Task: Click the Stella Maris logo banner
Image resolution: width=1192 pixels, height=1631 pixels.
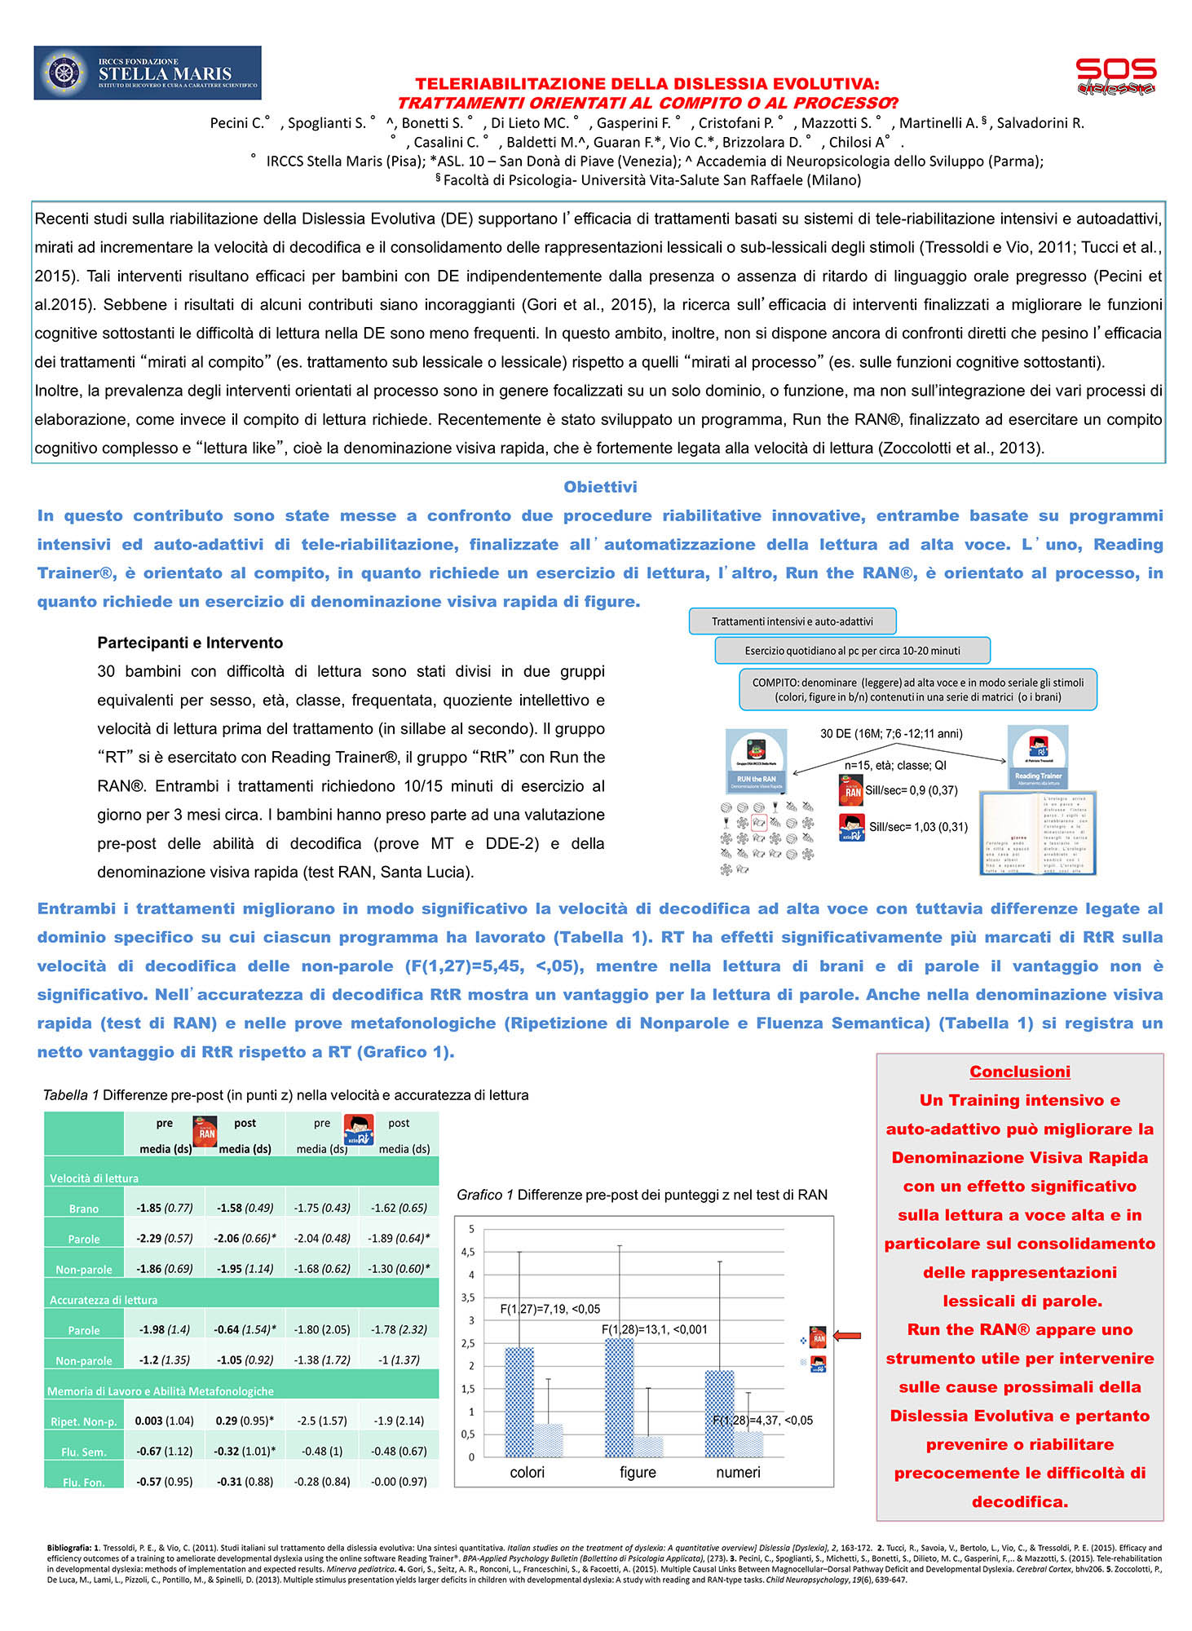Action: (147, 73)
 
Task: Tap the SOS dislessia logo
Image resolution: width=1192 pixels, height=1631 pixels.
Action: (1115, 76)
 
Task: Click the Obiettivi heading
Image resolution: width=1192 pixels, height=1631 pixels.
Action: (600, 487)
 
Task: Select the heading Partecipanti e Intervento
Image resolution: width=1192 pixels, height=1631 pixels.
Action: (190, 643)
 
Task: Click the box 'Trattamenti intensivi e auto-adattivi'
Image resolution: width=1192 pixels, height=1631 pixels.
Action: (792, 621)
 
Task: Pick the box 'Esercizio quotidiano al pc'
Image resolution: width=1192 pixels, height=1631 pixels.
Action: (852, 651)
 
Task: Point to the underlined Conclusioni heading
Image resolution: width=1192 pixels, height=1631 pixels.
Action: (1019, 1072)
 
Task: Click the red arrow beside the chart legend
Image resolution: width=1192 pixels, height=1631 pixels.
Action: (847, 1335)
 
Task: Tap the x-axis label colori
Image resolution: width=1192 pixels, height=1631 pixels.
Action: (527, 1472)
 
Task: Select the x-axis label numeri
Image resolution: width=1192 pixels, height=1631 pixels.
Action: (738, 1472)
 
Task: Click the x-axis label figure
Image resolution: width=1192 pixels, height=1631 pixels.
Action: (638, 1472)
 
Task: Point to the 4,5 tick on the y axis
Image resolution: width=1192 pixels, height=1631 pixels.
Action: (468, 1252)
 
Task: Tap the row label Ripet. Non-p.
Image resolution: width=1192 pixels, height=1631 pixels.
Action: (84, 1421)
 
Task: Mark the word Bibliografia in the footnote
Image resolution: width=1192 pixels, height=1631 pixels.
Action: (68, 1547)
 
